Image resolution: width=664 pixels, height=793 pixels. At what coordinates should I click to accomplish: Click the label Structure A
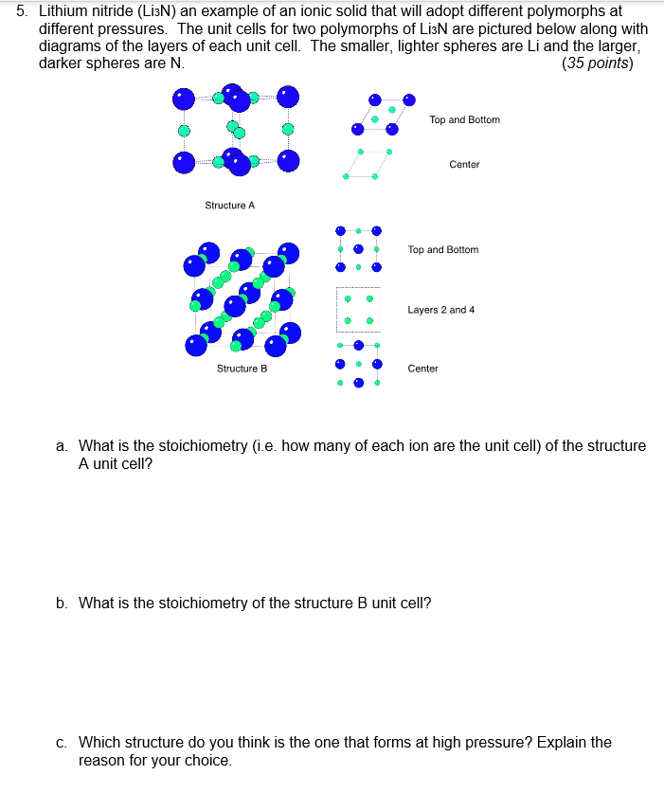[230, 206]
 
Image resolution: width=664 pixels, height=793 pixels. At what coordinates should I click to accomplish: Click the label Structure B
[242, 369]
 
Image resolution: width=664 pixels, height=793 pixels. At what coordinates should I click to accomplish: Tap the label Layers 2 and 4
[440, 310]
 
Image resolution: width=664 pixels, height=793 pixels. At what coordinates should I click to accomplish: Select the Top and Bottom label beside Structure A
[464, 120]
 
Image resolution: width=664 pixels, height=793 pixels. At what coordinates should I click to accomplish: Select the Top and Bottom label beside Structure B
[443, 250]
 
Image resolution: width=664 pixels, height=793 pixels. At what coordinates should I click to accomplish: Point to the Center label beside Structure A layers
[464, 165]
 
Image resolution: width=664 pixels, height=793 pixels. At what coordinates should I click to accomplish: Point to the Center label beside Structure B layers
[422, 369]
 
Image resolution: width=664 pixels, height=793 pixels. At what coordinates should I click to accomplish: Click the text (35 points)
[598, 63]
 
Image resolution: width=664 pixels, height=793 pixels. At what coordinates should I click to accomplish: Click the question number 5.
[21, 12]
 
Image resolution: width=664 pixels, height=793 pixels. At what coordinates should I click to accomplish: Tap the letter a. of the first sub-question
[63, 445]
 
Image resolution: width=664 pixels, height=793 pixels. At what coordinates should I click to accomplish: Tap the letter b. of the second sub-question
[63, 603]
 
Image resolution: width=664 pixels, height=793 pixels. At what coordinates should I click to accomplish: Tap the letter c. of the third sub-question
[63, 742]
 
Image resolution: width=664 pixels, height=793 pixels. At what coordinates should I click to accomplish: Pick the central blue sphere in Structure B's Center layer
[358, 383]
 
